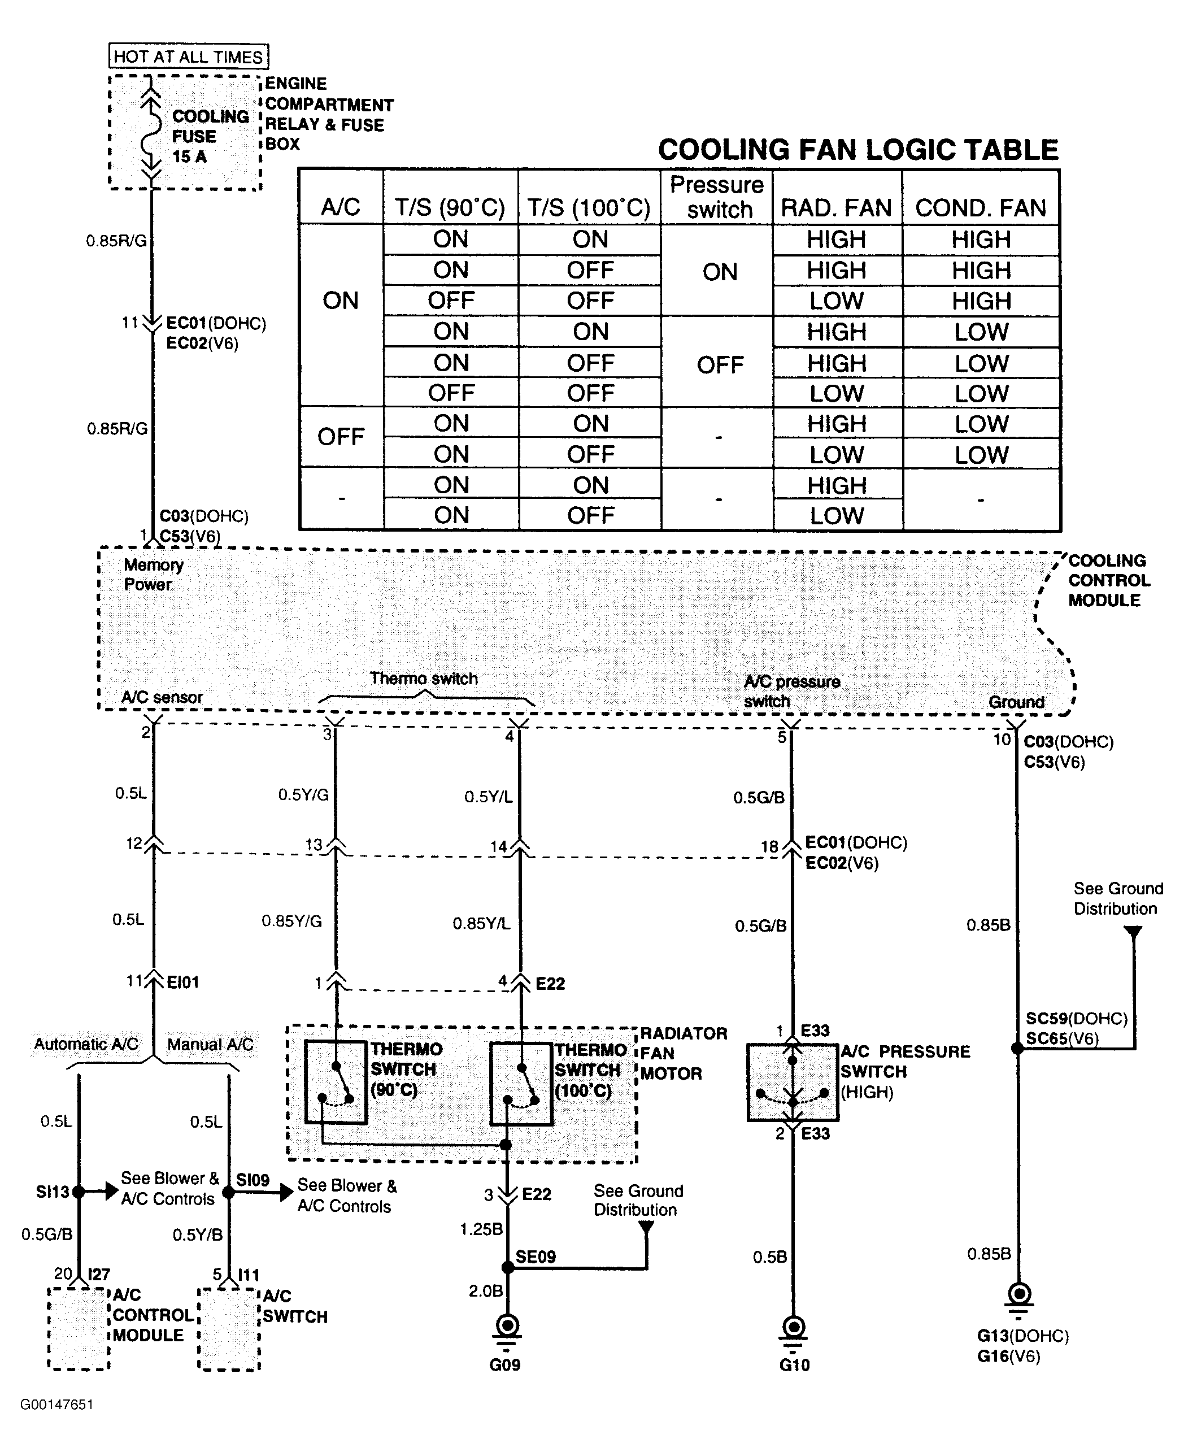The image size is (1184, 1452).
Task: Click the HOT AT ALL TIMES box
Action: pyautogui.click(x=188, y=56)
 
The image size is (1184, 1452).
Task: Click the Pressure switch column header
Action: pyautogui.click(x=717, y=197)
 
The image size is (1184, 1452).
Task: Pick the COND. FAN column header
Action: pyautogui.click(x=980, y=207)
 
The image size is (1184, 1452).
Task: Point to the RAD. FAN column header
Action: pyautogui.click(x=836, y=207)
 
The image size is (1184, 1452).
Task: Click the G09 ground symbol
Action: pyautogui.click(x=507, y=1327)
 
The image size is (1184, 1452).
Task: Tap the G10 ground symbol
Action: pyautogui.click(x=793, y=1327)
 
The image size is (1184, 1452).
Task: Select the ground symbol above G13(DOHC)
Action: pyautogui.click(x=1018, y=1294)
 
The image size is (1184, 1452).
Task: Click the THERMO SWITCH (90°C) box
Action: pyautogui.click(x=335, y=1083)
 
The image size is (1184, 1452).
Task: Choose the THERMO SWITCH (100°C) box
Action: pyautogui.click(x=521, y=1083)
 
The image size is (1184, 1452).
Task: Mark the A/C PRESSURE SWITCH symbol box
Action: pyautogui.click(x=793, y=1082)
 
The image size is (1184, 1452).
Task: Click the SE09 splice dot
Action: pyautogui.click(x=507, y=1267)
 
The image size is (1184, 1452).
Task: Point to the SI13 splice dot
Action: pyautogui.click(x=79, y=1192)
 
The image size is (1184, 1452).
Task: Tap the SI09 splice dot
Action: pyautogui.click(x=228, y=1192)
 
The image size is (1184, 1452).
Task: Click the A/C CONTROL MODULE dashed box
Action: pyautogui.click(x=79, y=1329)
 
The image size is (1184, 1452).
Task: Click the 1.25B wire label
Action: pyautogui.click(x=481, y=1229)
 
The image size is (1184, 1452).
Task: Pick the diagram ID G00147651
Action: pyautogui.click(x=56, y=1405)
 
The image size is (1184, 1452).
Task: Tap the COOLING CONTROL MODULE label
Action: pyautogui.click(x=1108, y=580)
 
